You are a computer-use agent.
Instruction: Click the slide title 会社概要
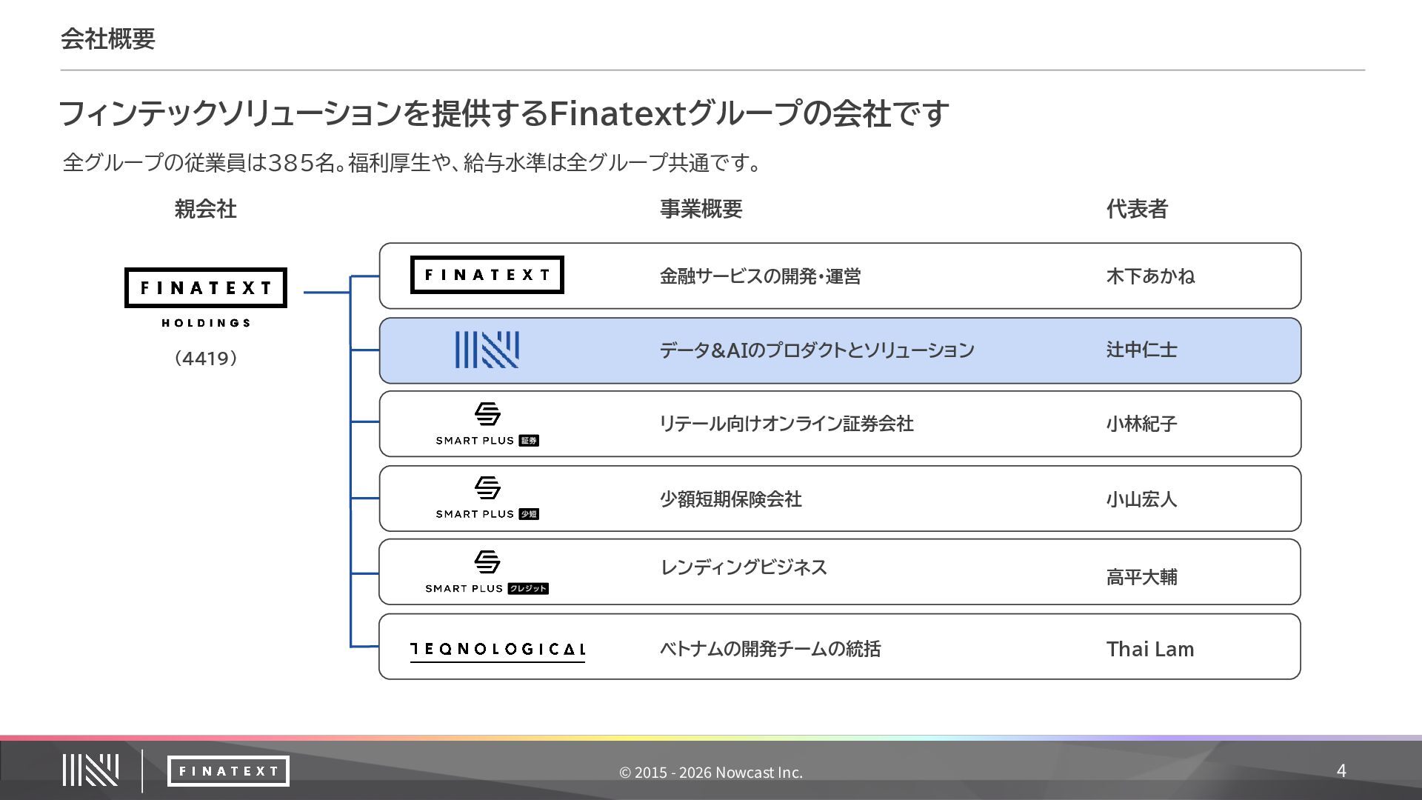tap(108, 39)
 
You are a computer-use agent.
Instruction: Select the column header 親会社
tap(205, 209)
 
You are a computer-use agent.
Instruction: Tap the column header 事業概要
tap(701, 209)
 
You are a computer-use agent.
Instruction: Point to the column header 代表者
tap(1137, 209)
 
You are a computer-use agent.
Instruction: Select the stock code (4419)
tap(205, 359)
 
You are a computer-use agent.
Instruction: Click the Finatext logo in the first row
tap(487, 275)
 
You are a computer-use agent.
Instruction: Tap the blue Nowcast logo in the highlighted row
tap(487, 350)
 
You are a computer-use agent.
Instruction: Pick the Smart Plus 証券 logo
tap(487, 424)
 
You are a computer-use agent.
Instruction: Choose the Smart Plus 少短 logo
tap(487, 498)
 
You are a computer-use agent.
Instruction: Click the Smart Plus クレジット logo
tap(487, 572)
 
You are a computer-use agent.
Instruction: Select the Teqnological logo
tap(497, 650)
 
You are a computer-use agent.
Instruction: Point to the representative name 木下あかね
tap(1150, 276)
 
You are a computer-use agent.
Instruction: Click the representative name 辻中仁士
tap(1141, 350)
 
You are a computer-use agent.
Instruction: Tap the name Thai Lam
tap(1149, 649)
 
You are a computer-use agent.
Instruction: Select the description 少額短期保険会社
tap(730, 499)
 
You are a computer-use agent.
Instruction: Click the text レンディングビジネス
tap(743, 567)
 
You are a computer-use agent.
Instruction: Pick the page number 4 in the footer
tap(1341, 770)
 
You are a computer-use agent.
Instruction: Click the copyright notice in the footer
tap(711, 772)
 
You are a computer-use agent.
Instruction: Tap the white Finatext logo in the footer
tap(228, 771)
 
